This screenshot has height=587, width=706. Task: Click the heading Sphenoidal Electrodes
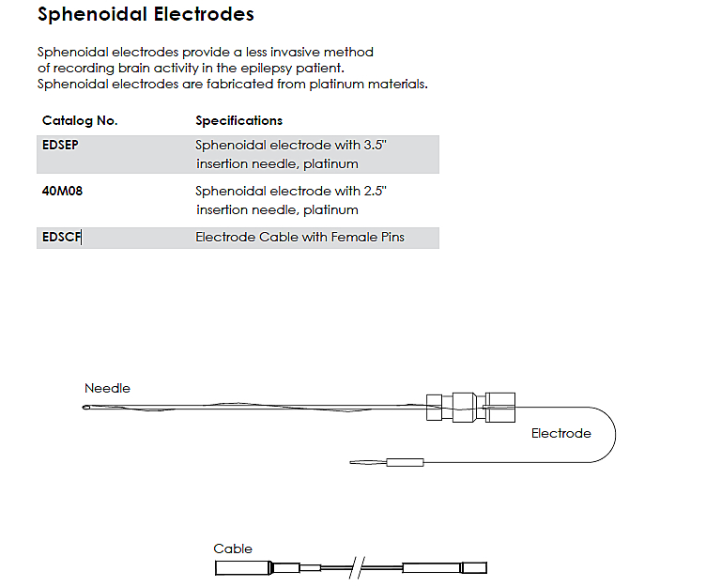click(x=146, y=16)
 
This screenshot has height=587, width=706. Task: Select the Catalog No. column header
click(x=80, y=121)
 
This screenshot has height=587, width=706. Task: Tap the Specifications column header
click(x=238, y=121)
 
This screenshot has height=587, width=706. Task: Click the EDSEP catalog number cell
click(x=62, y=146)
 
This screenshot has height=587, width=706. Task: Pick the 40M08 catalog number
click(x=62, y=191)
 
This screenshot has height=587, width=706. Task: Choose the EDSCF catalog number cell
click(x=62, y=238)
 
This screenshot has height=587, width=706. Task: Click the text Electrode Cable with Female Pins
click(x=299, y=238)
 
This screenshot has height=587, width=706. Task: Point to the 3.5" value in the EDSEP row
click(x=375, y=146)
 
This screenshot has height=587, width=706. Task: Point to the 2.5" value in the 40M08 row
click(x=375, y=191)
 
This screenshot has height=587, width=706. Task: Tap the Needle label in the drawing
click(x=107, y=389)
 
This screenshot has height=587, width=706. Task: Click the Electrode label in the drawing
click(x=560, y=434)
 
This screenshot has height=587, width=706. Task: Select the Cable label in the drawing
click(x=233, y=549)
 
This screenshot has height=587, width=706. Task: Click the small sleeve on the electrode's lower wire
click(x=405, y=462)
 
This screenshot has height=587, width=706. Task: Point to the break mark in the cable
click(x=354, y=568)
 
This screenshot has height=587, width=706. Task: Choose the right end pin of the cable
click(x=477, y=568)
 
